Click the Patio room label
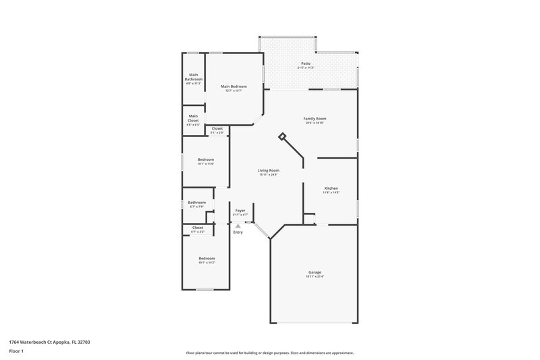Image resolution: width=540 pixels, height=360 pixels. coord(306,66)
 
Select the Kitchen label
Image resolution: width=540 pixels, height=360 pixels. coord(331,190)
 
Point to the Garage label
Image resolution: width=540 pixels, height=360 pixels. coord(315,274)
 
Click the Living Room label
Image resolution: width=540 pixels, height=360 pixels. coord(269,172)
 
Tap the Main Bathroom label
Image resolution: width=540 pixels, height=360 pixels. coord(194,79)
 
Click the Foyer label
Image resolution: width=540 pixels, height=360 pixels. coord(240,212)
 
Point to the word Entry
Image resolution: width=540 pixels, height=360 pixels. coord(238,232)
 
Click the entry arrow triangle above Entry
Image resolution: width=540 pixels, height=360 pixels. coord(238,226)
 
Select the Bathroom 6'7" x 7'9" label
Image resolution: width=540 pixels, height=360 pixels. coord(197,204)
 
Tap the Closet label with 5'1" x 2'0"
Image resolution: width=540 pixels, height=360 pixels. coord(217,130)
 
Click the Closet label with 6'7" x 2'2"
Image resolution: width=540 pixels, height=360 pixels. coord(198,230)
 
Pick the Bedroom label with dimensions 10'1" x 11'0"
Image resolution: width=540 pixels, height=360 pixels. coord(206,161)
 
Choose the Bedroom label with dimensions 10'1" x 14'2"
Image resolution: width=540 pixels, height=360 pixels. coord(207,260)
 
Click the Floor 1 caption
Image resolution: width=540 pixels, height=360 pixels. coord(16,352)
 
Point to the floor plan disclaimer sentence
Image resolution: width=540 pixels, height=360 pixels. coord(269,353)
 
